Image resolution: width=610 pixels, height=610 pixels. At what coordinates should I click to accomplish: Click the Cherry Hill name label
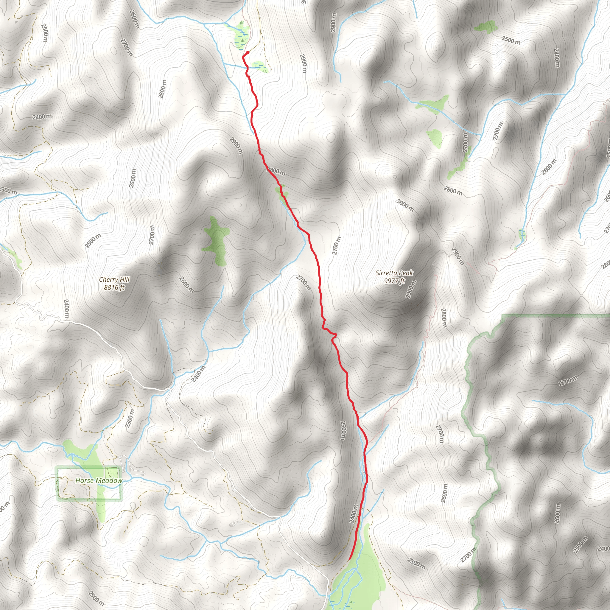tap(114, 279)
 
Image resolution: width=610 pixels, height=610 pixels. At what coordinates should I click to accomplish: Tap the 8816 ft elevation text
tap(114, 287)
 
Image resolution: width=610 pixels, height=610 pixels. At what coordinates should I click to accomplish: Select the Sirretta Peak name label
tap(394, 273)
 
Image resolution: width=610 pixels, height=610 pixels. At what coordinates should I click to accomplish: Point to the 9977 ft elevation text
tap(394, 281)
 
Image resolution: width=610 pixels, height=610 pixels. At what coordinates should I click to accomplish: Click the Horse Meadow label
tap(99, 480)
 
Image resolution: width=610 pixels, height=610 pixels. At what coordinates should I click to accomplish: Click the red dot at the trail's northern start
tap(248, 53)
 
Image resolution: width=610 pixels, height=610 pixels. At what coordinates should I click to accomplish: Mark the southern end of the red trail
tap(349, 559)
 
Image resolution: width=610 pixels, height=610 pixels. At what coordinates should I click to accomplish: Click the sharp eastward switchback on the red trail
tap(337, 334)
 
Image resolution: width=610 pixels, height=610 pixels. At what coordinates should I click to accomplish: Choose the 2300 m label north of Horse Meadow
tap(130, 418)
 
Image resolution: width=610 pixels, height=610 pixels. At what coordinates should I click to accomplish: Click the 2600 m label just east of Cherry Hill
tap(186, 284)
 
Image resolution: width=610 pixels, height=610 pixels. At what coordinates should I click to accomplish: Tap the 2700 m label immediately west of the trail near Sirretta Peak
tap(304, 282)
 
